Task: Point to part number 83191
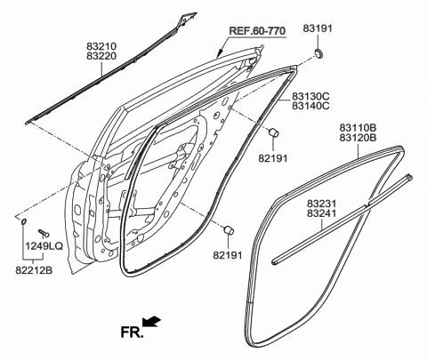[x=318, y=28]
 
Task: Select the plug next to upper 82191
[x=275, y=133]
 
